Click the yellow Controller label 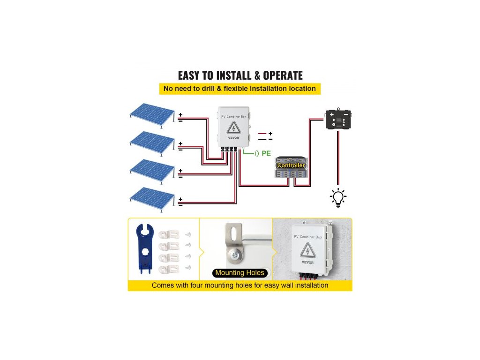[x=291, y=165]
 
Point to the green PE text [x=266, y=153]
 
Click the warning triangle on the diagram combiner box [x=232, y=129]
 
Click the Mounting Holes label [x=240, y=273]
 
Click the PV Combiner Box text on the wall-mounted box [x=307, y=237]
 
